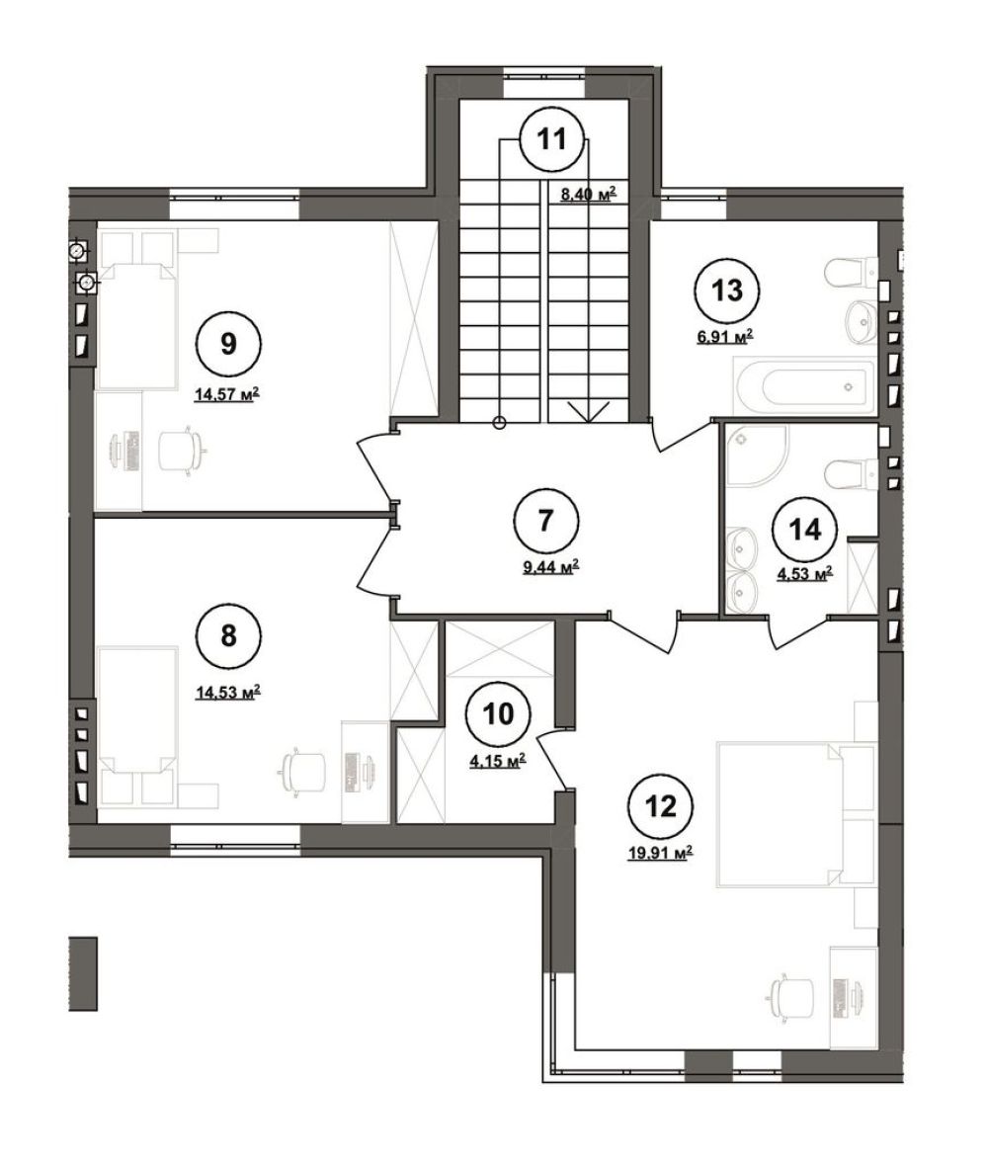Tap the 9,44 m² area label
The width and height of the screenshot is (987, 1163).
coord(550,567)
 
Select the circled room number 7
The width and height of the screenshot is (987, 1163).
coord(545,521)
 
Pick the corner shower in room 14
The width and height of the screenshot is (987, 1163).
coord(757,456)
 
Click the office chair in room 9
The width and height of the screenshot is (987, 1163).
coord(180,448)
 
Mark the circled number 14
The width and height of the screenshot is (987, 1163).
coord(805,530)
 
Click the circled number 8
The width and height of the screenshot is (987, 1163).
coord(228,635)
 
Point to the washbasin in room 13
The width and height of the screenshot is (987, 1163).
coord(861,320)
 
